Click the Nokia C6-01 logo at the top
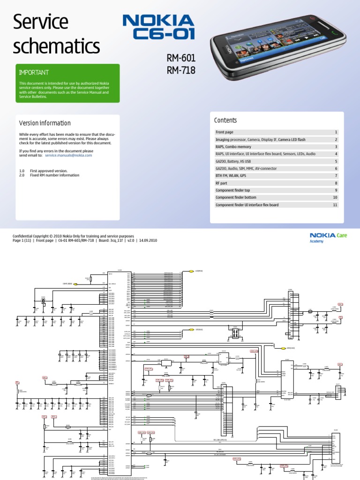tap(158, 27)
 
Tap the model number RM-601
tap(181, 59)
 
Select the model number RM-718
tap(181, 70)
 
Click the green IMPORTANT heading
tap(33, 73)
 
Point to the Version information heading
tap(45, 123)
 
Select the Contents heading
tap(225, 120)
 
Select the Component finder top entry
tap(235, 190)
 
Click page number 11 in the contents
tap(335, 205)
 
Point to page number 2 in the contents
tap(336, 140)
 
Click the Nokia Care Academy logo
tap(328, 237)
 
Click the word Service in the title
tap(40, 22)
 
